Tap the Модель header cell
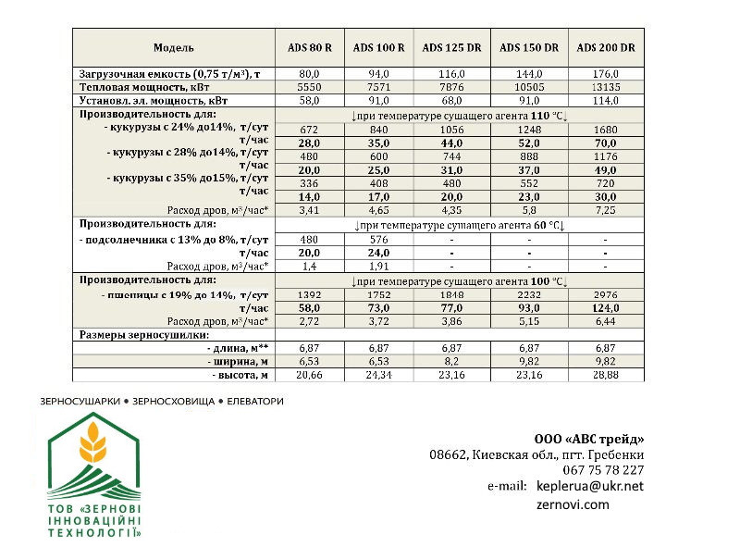pos(174,47)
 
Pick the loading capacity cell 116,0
pos(451,73)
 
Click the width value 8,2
pos(451,361)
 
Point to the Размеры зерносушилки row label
pos(143,334)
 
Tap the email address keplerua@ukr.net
pos(589,486)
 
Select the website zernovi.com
pos(573,504)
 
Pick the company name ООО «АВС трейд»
pos(589,439)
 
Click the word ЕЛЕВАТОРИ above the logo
pos(252,402)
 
